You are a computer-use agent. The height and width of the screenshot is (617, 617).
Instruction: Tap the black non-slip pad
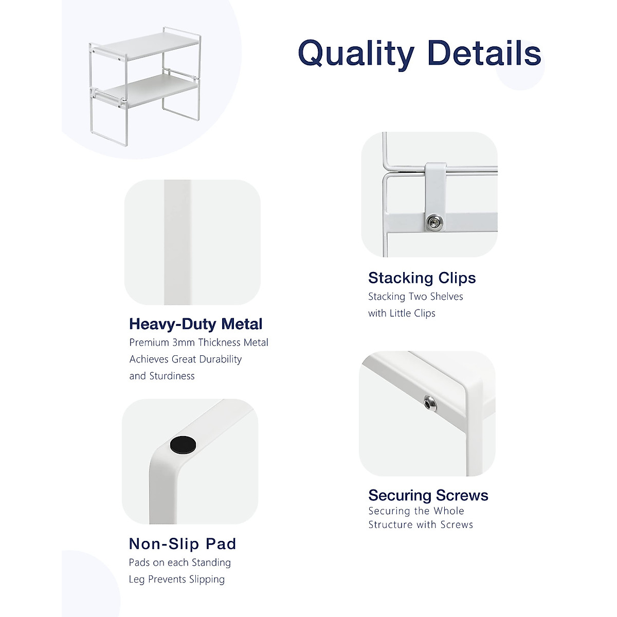(x=183, y=445)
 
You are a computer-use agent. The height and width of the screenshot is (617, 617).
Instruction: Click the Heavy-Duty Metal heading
(x=195, y=324)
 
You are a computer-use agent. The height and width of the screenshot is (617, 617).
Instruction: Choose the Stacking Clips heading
(x=422, y=278)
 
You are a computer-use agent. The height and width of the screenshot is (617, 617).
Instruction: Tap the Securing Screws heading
(x=428, y=495)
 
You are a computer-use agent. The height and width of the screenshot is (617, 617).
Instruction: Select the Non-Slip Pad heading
(x=182, y=543)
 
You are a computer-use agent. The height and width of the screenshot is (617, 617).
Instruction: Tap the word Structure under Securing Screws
(x=390, y=525)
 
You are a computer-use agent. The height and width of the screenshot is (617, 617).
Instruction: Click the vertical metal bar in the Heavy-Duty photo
(x=177, y=242)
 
